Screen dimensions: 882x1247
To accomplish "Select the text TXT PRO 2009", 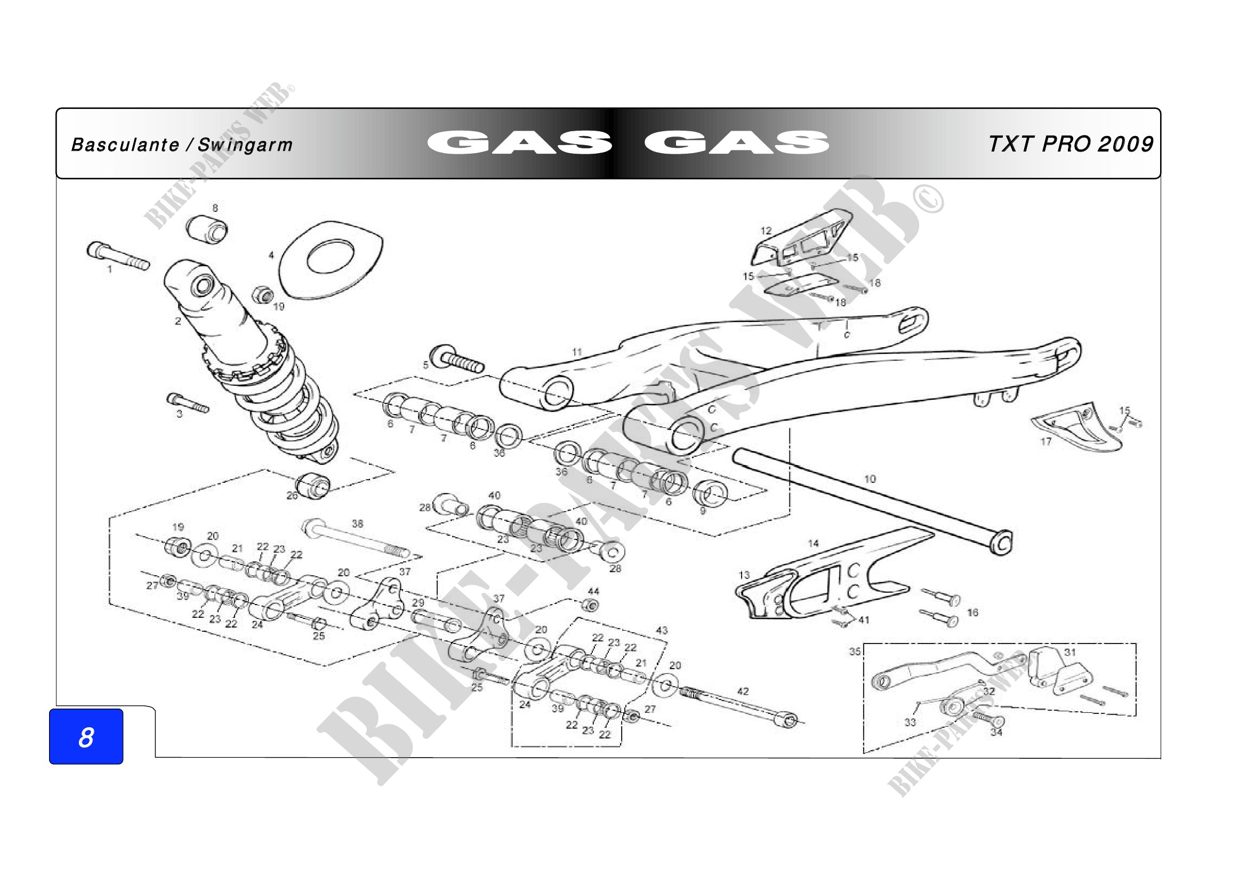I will coord(1071,144).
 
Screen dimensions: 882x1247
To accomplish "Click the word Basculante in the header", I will coord(125,145).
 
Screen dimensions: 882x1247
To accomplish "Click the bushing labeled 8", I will coord(207,229).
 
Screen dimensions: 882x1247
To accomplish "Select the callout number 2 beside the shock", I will coord(178,321).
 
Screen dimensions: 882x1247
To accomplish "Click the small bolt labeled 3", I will coord(187,403).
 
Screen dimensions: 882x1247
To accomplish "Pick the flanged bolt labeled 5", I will coord(456,358).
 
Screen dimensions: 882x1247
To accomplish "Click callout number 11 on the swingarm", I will coord(577,352).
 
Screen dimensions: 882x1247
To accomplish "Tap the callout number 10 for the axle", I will coord(870,479).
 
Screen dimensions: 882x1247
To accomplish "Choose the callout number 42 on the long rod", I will coord(743,692).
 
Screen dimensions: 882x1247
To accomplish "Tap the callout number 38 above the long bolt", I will coord(357,523).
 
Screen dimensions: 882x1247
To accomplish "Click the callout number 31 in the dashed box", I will coord(1070,652).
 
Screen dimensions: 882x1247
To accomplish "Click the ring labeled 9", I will coord(710,494).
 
